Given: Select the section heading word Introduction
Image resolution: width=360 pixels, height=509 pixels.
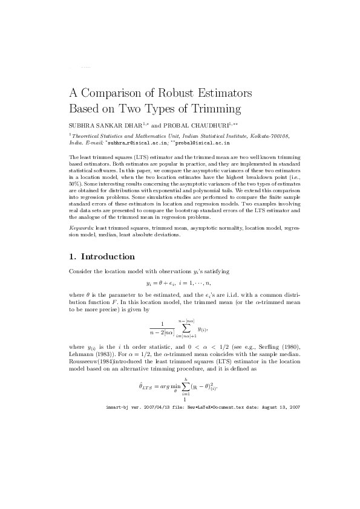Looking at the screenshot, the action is click(x=108, y=256).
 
